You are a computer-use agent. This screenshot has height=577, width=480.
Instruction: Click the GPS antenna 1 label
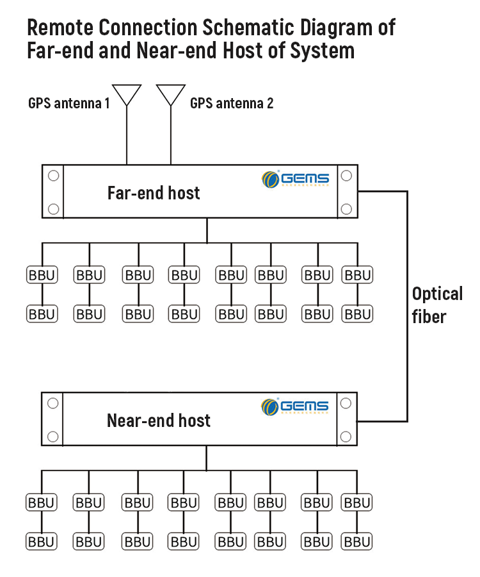68,103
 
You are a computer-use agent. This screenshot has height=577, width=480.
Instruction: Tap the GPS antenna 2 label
232,103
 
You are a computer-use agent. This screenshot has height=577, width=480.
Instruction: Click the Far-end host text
154,193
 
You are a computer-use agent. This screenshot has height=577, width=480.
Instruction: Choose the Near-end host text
158,421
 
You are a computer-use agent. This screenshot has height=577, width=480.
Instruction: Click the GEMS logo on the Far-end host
296,179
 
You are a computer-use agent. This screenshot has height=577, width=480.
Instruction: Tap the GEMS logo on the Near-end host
295,406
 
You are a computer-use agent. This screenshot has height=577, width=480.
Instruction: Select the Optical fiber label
437,305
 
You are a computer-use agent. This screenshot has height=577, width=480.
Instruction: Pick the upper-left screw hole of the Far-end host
54,175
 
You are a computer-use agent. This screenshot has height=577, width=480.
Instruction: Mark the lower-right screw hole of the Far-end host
346,208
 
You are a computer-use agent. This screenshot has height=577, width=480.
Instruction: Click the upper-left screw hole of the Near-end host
53,403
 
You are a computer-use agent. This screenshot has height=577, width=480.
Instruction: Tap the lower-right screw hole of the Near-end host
346,436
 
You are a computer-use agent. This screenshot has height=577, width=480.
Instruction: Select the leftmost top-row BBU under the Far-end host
42,276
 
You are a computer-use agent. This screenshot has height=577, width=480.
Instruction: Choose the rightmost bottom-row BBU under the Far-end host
357,314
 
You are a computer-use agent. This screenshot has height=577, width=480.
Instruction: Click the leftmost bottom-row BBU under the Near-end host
41,542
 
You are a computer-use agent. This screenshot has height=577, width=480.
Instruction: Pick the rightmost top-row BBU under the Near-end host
356,503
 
